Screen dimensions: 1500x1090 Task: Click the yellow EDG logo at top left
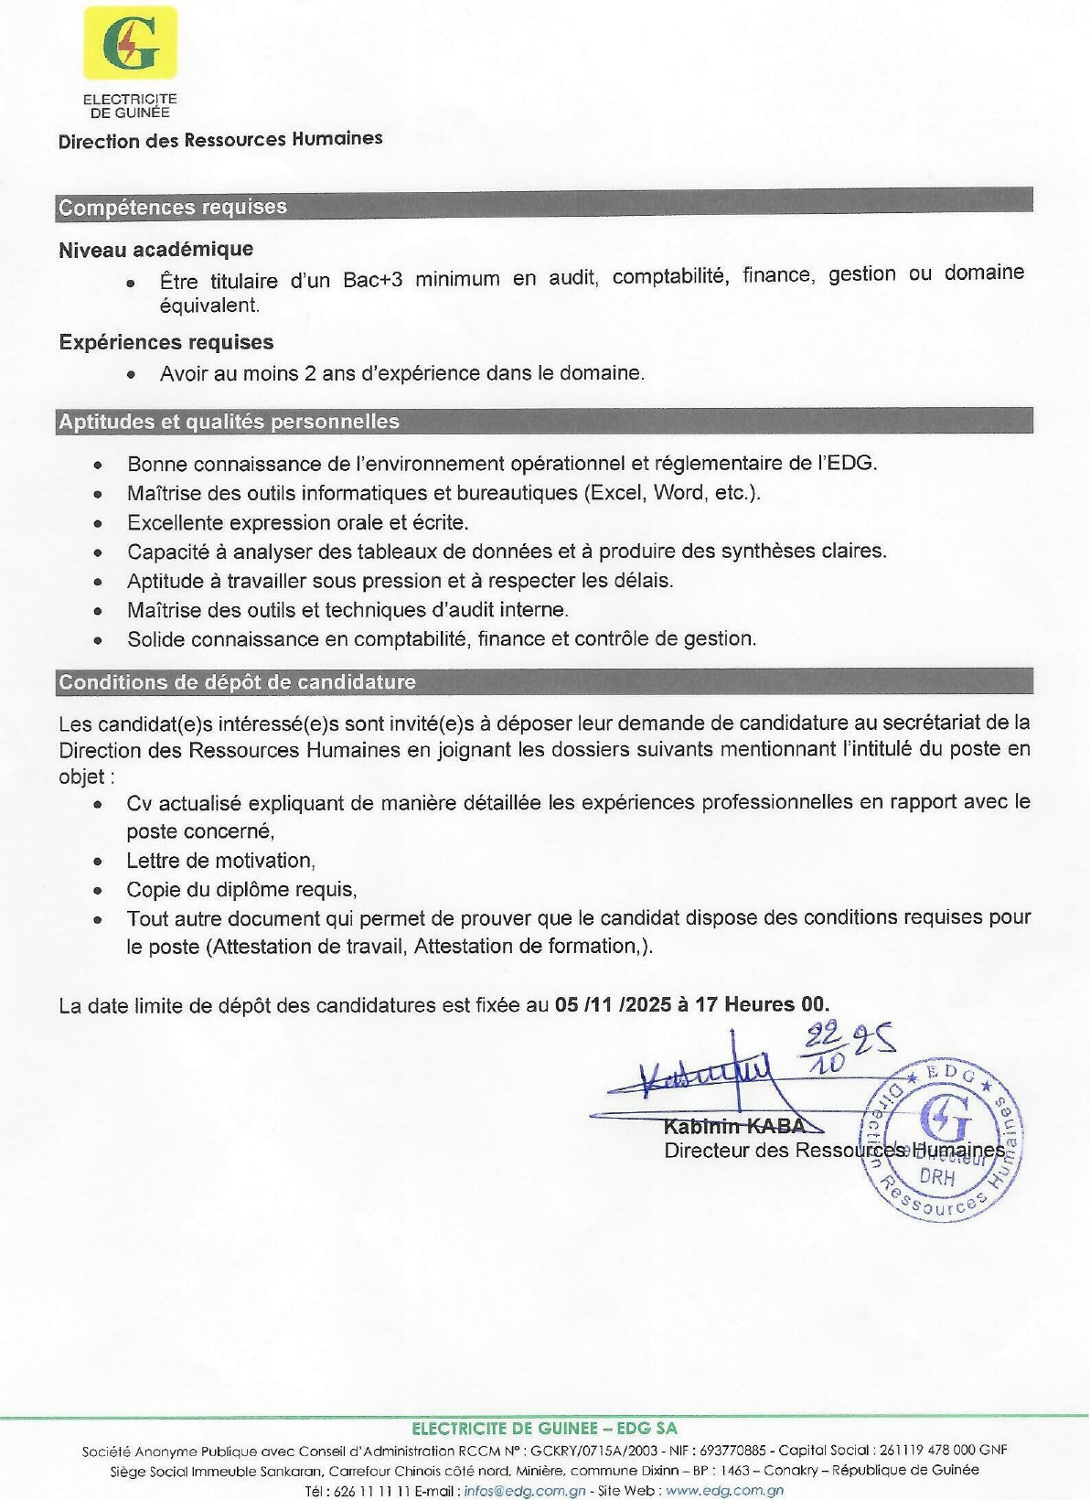coord(130,42)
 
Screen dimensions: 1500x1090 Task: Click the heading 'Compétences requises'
coord(173,207)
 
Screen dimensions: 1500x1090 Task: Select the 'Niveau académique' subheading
coord(156,249)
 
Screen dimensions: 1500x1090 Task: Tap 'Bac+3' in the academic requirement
coord(372,279)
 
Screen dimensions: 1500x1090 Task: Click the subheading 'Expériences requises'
coord(166,342)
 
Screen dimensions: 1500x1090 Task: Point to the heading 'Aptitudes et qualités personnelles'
coord(229,422)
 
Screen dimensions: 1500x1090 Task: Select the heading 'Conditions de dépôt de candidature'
coord(237,681)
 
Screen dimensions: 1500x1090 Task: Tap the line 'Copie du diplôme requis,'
coord(241,890)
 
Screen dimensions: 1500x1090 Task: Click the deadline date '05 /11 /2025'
coord(614,1004)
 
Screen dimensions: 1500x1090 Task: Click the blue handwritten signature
coord(704,1075)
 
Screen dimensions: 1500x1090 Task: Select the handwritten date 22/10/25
coord(846,1047)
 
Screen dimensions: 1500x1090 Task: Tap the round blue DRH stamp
coord(943,1139)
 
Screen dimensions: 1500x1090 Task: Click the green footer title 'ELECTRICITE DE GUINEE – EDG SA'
coord(545,1428)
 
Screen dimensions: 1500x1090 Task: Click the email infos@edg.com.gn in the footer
coord(525,1490)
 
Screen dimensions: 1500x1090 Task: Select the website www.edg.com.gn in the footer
coord(724,1490)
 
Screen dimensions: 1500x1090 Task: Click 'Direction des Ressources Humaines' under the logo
coord(220,140)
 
